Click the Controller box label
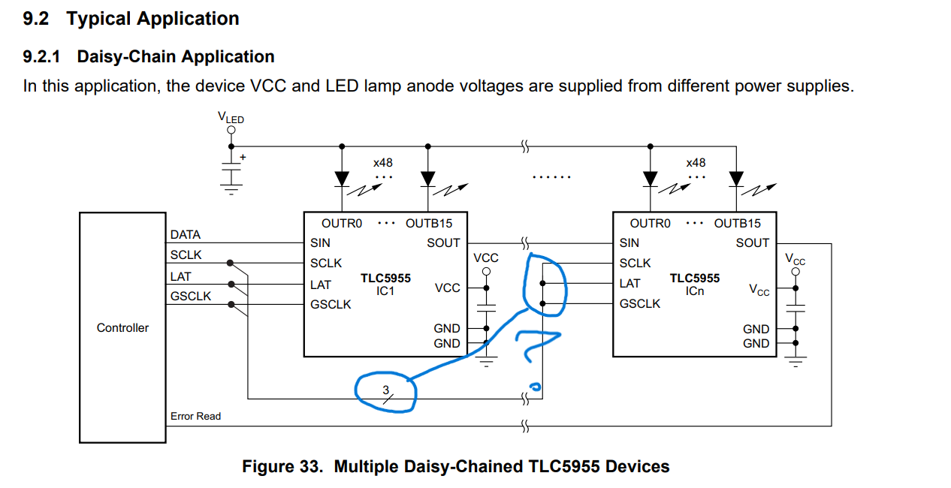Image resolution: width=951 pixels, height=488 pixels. click(122, 328)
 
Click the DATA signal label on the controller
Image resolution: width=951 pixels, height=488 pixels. click(186, 235)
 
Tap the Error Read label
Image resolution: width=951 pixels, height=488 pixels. click(195, 416)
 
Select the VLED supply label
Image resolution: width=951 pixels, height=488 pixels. click(231, 118)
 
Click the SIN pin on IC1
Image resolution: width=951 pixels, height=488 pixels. click(320, 243)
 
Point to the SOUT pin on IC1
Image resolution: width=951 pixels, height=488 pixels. click(443, 243)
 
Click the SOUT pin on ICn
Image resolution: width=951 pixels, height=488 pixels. click(752, 243)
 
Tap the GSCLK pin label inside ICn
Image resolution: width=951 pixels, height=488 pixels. click(640, 303)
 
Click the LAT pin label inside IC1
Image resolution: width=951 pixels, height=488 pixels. click(322, 285)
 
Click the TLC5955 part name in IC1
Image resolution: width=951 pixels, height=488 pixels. click(385, 278)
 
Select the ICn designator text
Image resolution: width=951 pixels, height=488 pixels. click(694, 291)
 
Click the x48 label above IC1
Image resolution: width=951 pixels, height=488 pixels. click(382, 162)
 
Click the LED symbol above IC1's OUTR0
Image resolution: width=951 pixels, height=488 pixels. click(343, 179)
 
